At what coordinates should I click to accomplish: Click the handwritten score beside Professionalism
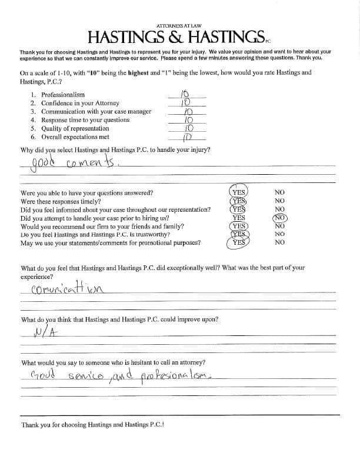tap(184, 94)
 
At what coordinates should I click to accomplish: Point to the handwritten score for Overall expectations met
tap(186, 138)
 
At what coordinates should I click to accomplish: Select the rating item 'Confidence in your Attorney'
tap(80, 103)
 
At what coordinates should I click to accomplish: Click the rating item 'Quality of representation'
tap(75, 128)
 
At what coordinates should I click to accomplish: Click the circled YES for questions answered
tap(238, 192)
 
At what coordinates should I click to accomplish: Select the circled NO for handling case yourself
tap(279, 218)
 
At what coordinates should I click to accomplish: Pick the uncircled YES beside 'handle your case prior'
tap(238, 218)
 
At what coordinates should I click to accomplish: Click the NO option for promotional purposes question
tap(279, 242)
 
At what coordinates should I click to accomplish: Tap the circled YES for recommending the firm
tap(238, 226)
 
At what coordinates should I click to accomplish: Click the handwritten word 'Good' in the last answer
tap(43, 375)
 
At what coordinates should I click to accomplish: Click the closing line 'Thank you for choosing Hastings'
tap(92, 425)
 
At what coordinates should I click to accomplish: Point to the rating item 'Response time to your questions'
tap(85, 120)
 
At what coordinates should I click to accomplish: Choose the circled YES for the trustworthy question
tap(238, 234)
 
